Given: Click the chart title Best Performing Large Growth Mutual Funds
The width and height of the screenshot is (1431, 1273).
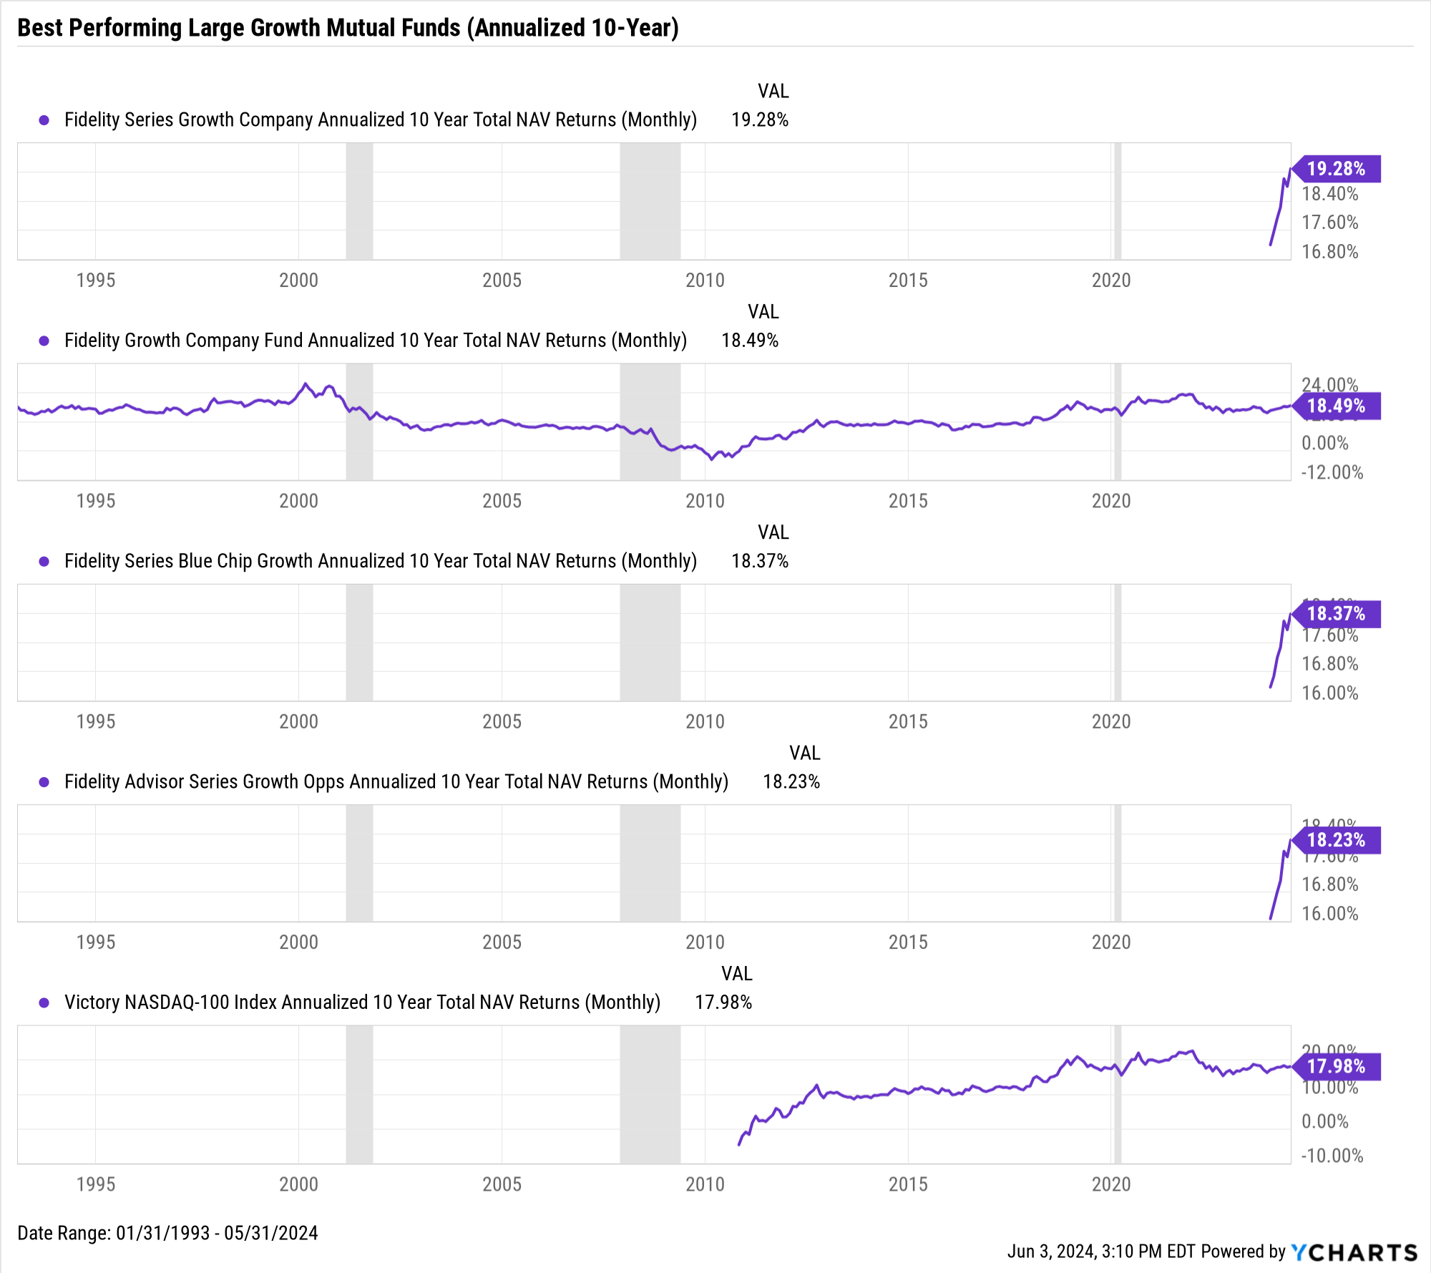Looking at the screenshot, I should tap(348, 28).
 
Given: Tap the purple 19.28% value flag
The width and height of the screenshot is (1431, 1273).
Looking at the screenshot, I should tap(1337, 169).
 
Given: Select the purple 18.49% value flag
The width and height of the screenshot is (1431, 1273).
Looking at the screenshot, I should tap(1337, 406).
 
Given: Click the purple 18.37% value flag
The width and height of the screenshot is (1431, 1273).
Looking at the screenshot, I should tap(1337, 614).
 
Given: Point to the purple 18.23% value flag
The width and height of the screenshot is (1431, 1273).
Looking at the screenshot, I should tap(1337, 840).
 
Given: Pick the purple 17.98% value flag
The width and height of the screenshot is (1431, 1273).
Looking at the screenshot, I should tap(1337, 1066).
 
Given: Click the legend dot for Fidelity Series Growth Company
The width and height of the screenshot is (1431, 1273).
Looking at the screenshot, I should tap(44, 120).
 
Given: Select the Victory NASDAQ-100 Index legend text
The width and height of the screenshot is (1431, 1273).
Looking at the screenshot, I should tap(362, 1003).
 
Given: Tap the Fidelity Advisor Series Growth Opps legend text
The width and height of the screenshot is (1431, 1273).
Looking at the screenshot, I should tap(396, 782).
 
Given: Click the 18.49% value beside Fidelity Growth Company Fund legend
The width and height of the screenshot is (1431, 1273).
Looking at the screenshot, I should tap(749, 341).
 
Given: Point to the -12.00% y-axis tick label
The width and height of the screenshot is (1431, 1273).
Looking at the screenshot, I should tap(1332, 472).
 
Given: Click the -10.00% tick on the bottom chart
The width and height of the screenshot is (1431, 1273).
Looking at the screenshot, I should tap(1332, 1156).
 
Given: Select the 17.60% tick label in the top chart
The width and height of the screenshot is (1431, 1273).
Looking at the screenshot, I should tap(1329, 223).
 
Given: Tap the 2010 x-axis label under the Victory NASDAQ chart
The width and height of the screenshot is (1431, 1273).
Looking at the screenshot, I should tap(705, 1185).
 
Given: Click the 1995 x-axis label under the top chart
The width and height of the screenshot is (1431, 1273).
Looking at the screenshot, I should tap(96, 281).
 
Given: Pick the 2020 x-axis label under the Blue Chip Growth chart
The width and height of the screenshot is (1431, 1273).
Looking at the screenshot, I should tap(1111, 722).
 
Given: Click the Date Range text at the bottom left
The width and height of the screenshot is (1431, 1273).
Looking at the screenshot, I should tap(167, 1233).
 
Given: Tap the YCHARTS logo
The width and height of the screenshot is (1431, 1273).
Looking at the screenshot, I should tap(1354, 1252).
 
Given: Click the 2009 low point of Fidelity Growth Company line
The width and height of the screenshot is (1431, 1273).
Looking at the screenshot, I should tap(711, 459).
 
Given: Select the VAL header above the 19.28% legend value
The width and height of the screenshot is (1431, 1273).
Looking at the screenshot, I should tap(773, 92).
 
